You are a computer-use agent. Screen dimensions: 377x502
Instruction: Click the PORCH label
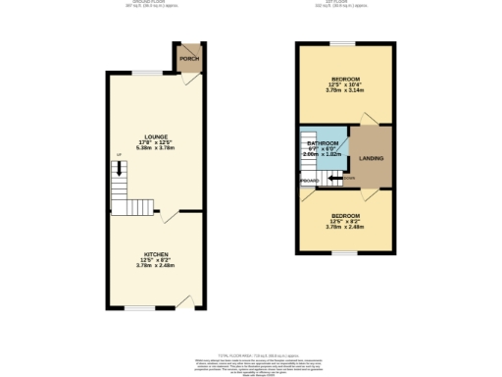click(x=189, y=59)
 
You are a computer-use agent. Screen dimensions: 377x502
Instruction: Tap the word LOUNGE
click(x=155, y=136)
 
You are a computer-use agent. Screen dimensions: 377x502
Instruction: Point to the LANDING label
click(x=372, y=158)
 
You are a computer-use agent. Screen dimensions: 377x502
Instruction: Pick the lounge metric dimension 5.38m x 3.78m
click(x=155, y=149)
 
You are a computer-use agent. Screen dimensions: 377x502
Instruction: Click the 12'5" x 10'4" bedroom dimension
click(x=345, y=84)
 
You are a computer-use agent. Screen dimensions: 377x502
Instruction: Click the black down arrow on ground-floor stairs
click(x=119, y=171)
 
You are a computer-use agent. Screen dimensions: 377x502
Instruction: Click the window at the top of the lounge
click(x=148, y=74)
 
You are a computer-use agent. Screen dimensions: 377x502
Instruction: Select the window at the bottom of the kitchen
click(x=138, y=307)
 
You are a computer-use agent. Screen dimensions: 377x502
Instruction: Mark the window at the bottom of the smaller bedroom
click(x=345, y=253)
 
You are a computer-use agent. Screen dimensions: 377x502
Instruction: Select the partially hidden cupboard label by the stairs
click(x=309, y=181)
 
